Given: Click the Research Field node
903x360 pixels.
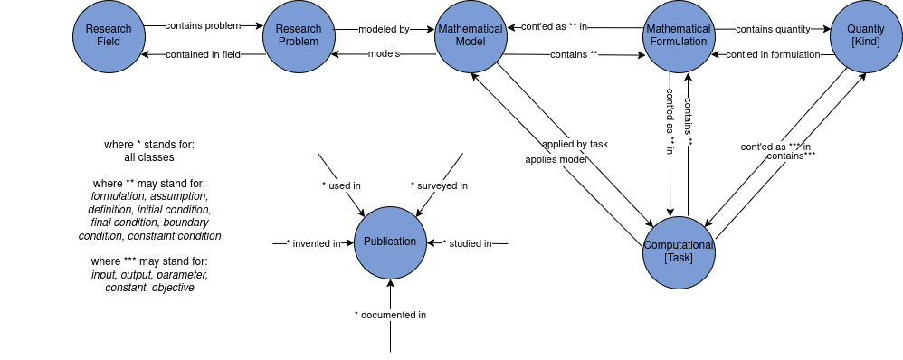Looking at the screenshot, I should (109, 36).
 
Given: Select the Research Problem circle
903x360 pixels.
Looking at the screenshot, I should (299, 36).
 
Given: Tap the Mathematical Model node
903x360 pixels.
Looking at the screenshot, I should (470, 36).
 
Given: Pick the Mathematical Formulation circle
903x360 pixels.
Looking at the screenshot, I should (679, 36).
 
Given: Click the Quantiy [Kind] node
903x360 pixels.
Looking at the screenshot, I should (866, 36).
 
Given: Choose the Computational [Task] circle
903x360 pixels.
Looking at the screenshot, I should (679, 252).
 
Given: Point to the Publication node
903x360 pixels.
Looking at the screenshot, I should (390, 242).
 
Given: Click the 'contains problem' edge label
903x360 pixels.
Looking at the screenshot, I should (203, 25).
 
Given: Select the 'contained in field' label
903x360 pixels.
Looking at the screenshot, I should (204, 55).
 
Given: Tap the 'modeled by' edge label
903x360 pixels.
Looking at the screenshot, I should (385, 29).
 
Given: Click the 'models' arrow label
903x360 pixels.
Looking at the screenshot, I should (384, 54).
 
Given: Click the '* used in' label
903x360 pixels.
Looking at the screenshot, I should (341, 185).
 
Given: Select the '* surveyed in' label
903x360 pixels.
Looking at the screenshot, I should (439, 185).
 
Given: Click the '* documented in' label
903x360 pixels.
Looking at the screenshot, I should (390, 315).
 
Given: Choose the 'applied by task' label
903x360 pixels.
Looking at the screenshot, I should (575, 144).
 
